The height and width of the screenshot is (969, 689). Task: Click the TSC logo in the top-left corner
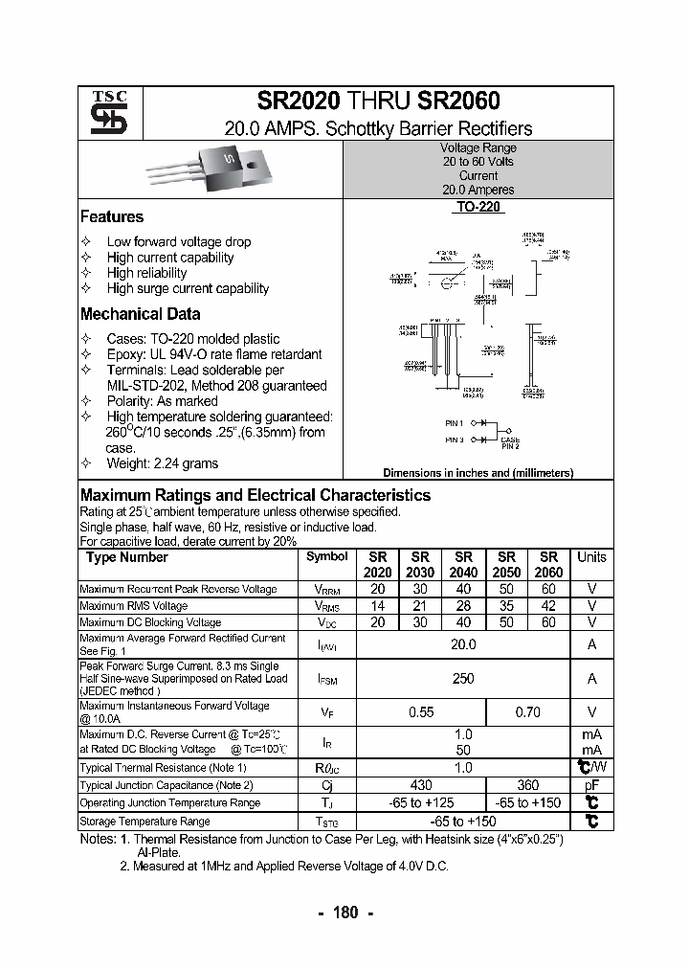coord(101,113)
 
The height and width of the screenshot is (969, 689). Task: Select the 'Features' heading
coord(112,217)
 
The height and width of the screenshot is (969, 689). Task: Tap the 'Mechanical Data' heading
coord(140,314)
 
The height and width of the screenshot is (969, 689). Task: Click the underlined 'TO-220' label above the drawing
coord(478,207)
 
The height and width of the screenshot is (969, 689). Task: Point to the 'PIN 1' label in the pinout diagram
coord(454,422)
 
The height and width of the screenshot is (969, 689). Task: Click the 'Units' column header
coord(591,557)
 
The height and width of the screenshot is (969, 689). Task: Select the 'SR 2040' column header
coord(463,565)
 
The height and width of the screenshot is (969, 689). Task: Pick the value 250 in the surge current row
coord(463,679)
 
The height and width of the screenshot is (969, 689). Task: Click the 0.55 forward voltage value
coord(421,712)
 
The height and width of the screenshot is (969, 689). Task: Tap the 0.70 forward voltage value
coord(527,712)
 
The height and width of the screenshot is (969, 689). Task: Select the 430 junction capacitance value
coord(421,785)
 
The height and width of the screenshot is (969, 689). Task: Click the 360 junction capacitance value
coord(527,785)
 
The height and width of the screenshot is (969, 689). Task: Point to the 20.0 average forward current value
coord(463,645)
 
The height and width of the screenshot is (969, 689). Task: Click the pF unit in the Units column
coord(591,785)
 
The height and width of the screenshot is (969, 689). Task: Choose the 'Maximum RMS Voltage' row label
coord(133,606)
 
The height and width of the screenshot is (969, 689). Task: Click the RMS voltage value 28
coord(463,606)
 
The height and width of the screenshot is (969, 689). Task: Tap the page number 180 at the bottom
coord(345,913)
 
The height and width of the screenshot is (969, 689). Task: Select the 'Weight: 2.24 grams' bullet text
coord(162,463)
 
